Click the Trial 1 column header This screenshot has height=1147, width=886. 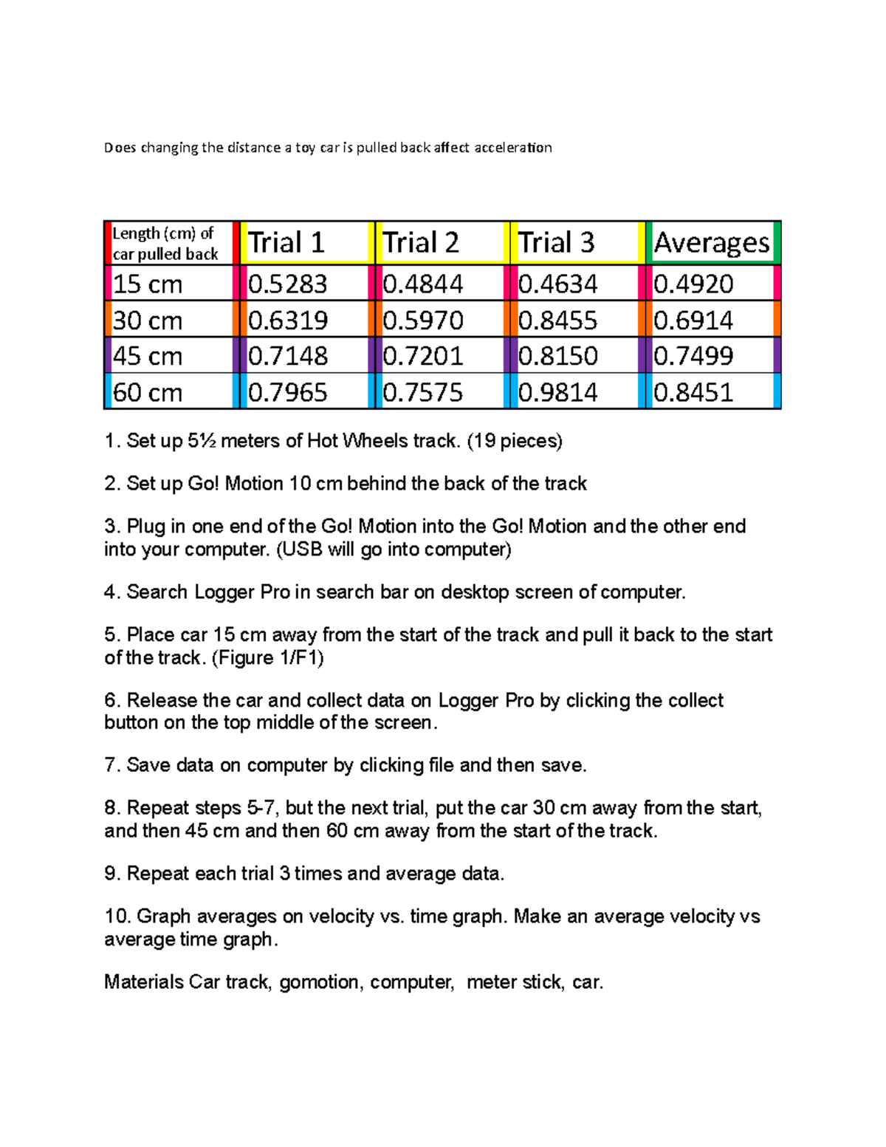click(x=286, y=243)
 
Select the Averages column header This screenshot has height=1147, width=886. click(x=712, y=243)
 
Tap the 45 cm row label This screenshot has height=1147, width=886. click(x=148, y=356)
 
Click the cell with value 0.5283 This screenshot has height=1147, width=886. click(x=287, y=284)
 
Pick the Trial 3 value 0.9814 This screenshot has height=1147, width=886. click(x=557, y=392)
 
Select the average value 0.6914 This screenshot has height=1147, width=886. click(x=693, y=320)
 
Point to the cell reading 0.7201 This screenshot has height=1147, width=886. click(x=423, y=356)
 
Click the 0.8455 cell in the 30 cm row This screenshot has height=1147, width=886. click(x=557, y=320)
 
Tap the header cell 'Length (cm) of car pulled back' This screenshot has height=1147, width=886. click(x=165, y=243)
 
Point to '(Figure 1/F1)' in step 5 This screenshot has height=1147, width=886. click(x=268, y=657)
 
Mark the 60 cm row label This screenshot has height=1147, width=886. click(x=148, y=392)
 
